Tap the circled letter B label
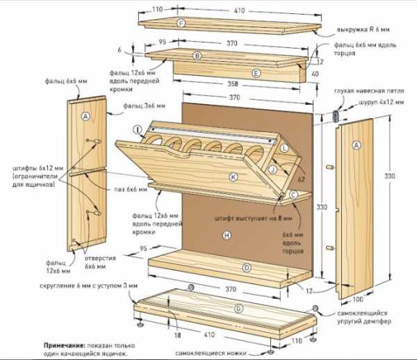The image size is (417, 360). tap(197, 56)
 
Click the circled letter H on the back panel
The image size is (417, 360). tap(226, 236)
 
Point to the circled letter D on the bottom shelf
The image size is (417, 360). tap(246, 268)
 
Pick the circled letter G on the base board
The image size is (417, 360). tap(238, 308)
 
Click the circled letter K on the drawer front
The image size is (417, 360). tap(234, 177)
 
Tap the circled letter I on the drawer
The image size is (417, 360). tap(138, 129)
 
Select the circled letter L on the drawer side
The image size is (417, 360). tap(284, 148)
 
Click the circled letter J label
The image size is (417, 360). tap(275, 169)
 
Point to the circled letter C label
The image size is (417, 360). tap(294, 195)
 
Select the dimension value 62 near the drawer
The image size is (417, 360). tap(301, 178)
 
